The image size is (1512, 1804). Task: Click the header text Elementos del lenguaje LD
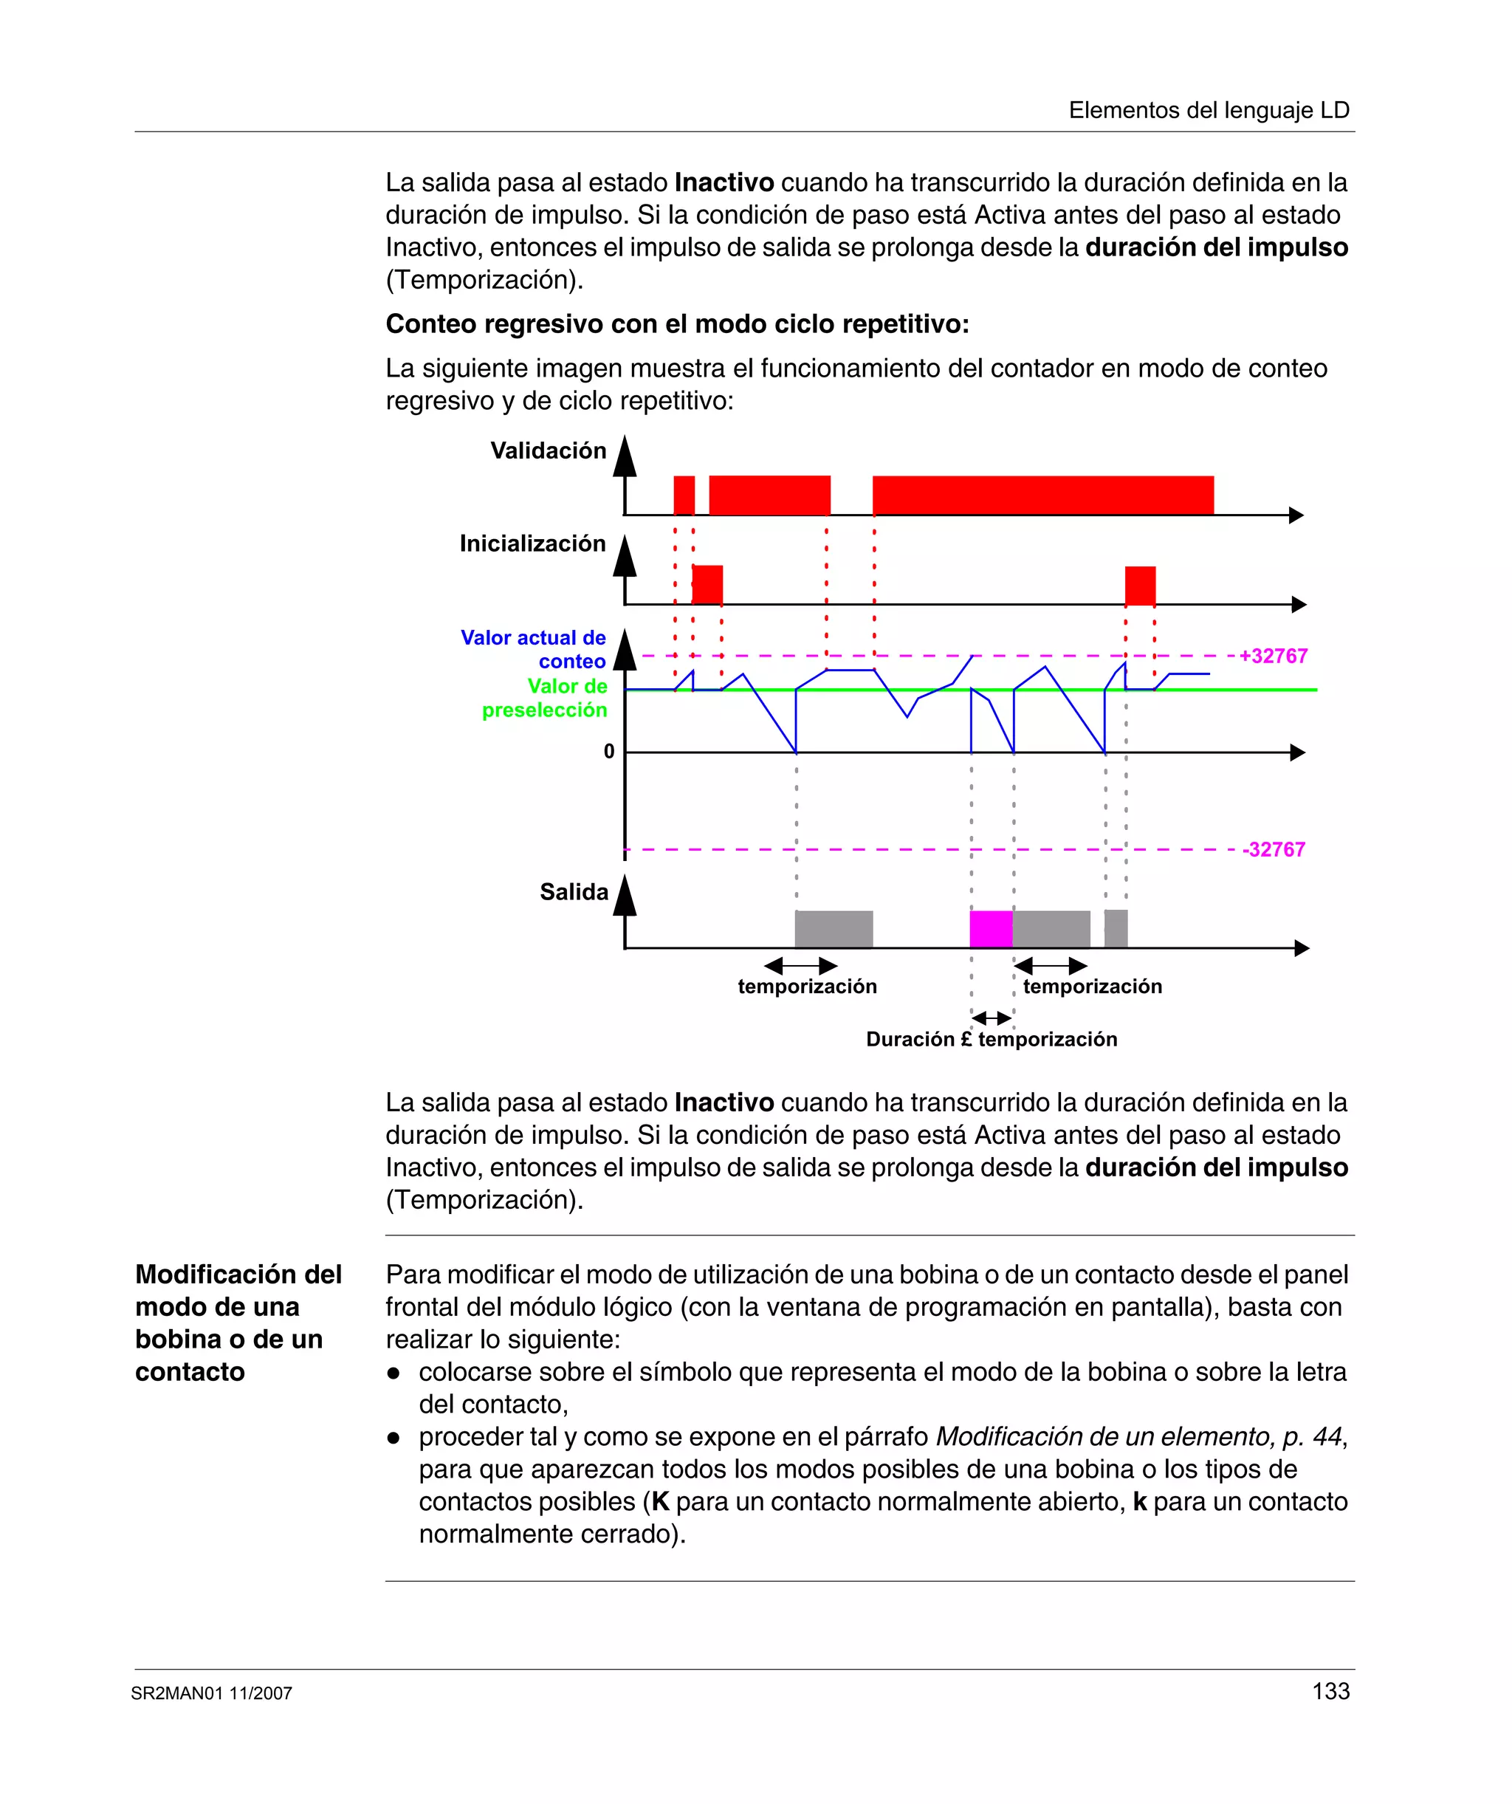pyautogui.click(x=1209, y=110)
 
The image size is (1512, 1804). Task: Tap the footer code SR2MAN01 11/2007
pyautogui.click(x=211, y=1693)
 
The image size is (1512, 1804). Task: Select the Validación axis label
pyautogui.click(x=548, y=450)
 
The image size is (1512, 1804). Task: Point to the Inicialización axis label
pyautogui.click(x=532, y=543)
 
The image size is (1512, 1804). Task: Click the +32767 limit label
pyautogui.click(x=1274, y=656)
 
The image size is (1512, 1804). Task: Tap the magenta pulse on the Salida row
pyautogui.click(x=991, y=929)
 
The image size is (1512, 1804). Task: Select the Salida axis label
pyautogui.click(x=574, y=892)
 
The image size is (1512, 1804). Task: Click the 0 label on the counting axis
pyautogui.click(x=609, y=752)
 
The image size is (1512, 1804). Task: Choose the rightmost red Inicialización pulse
pyautogui.click(x=1140, y=585)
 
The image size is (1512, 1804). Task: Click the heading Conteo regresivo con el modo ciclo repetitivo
pyautogui.click(x=677, y=324)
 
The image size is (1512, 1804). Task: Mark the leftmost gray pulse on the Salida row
pyautogui.click(x=834, y=929)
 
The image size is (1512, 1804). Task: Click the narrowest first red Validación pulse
pyautogui.click(x=684, y=495)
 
